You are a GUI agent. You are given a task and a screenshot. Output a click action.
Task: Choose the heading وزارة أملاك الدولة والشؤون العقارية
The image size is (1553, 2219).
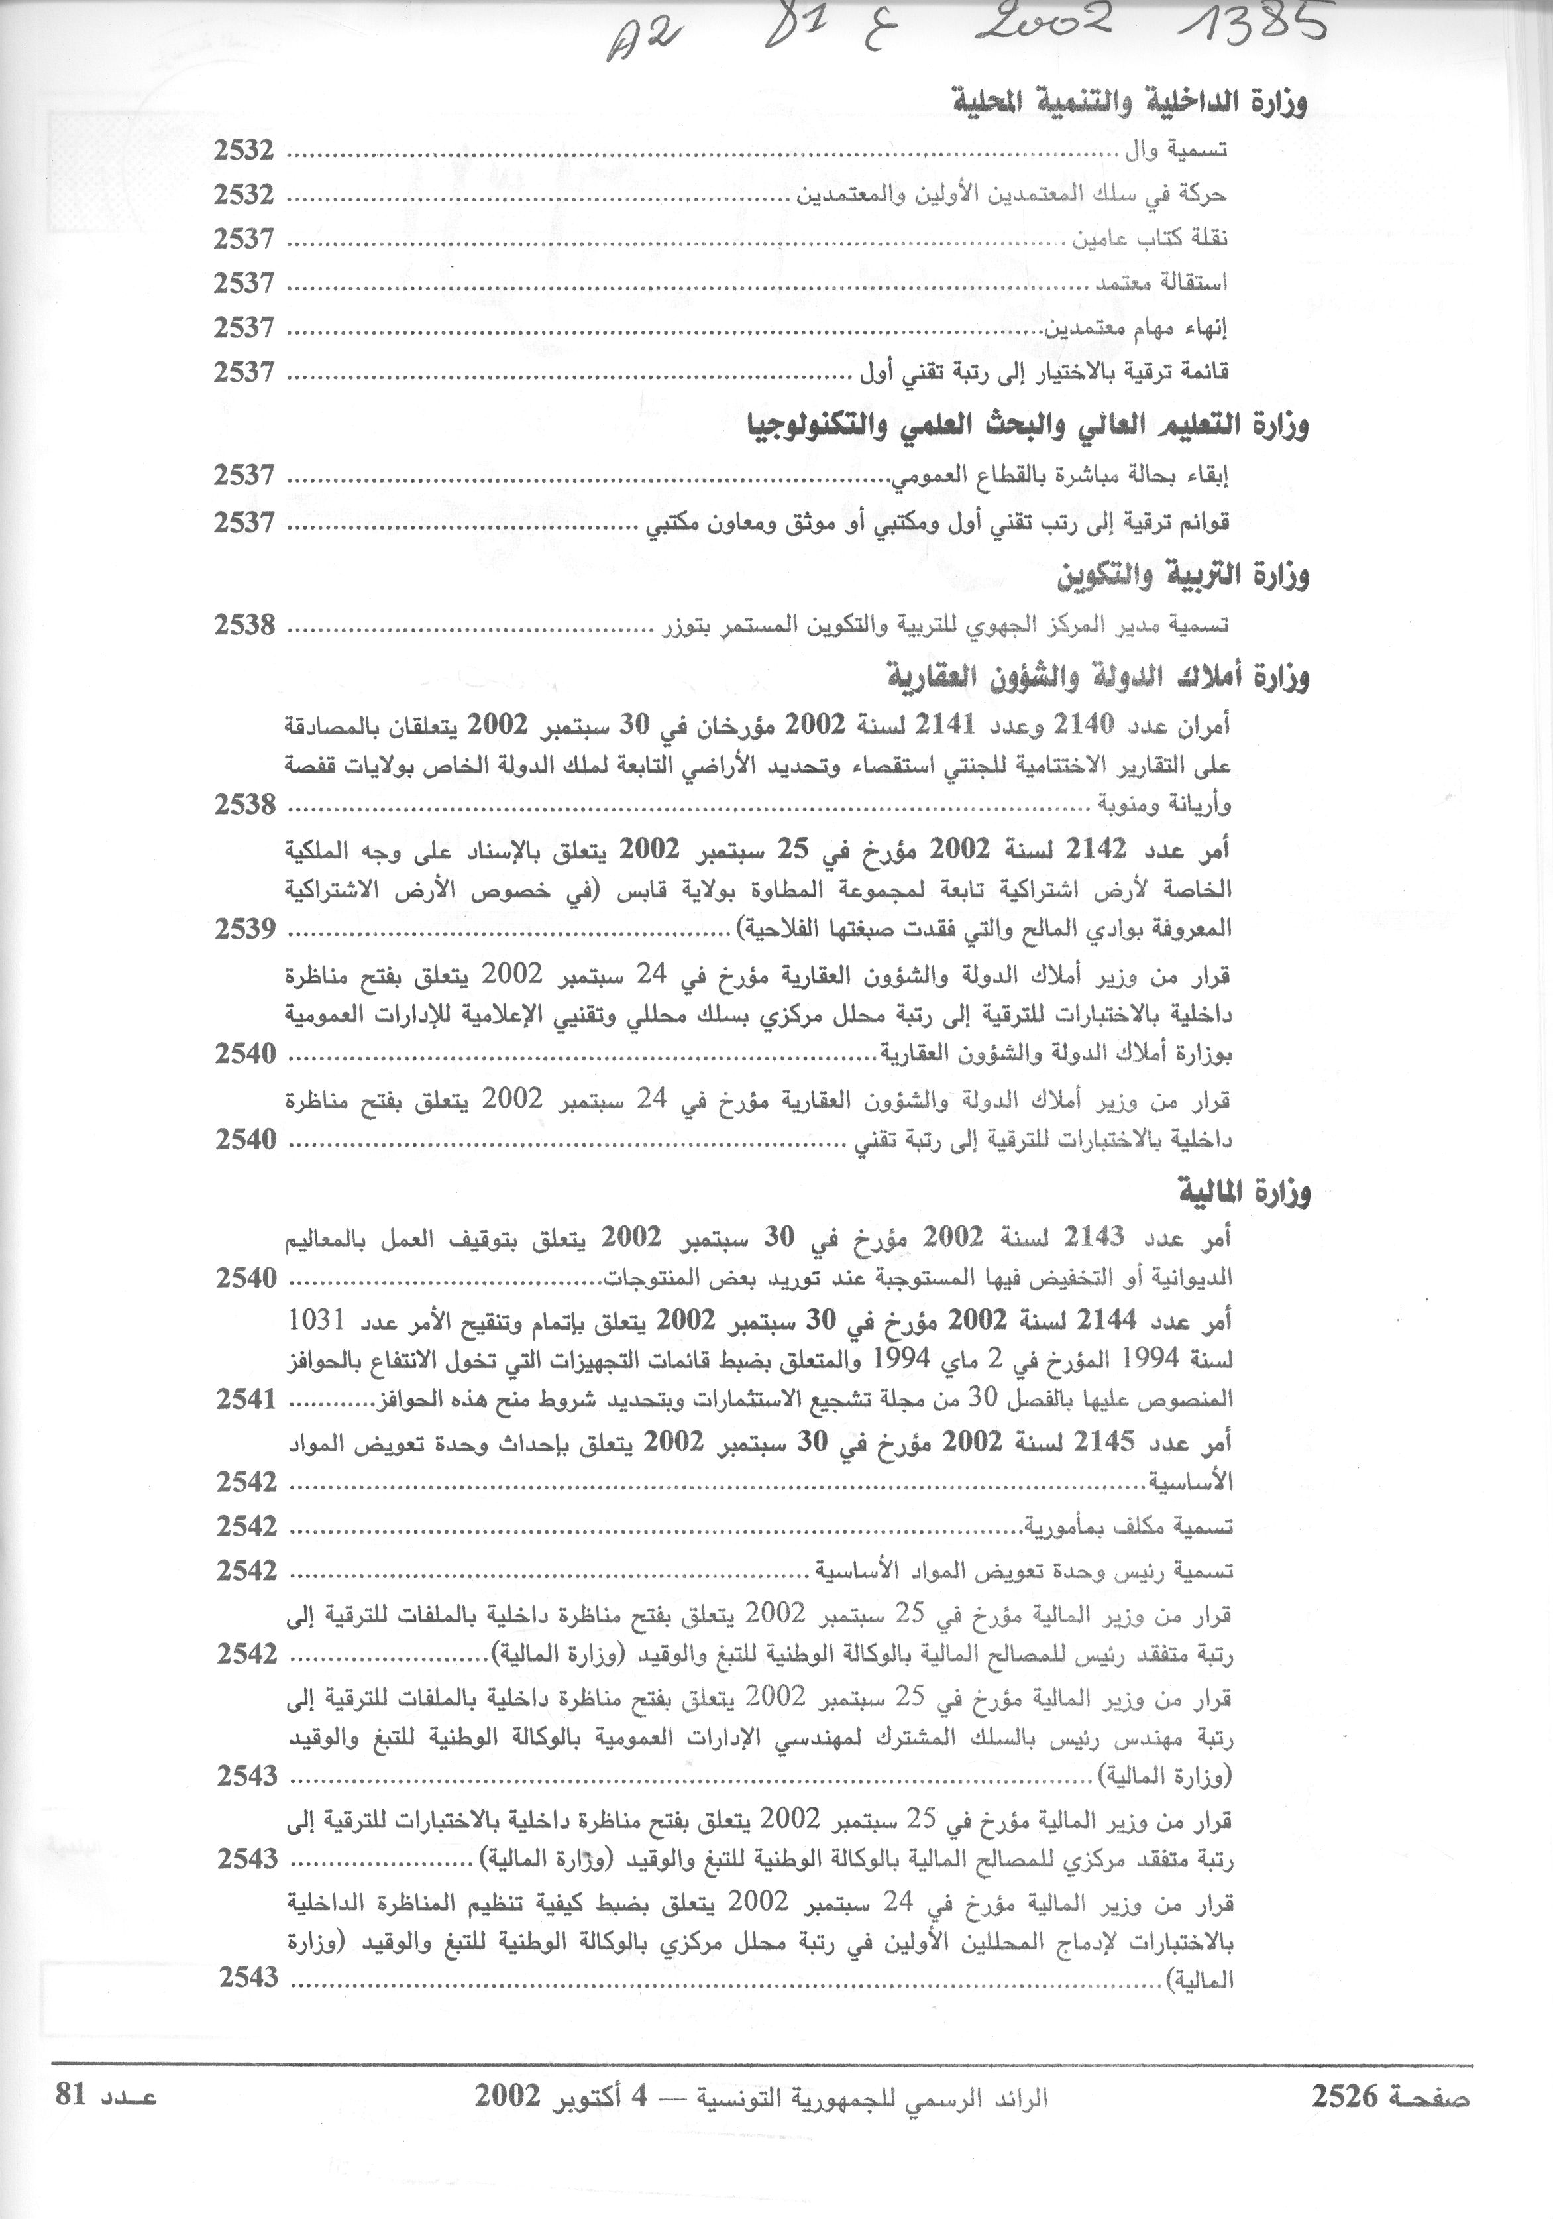point(1098,679)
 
